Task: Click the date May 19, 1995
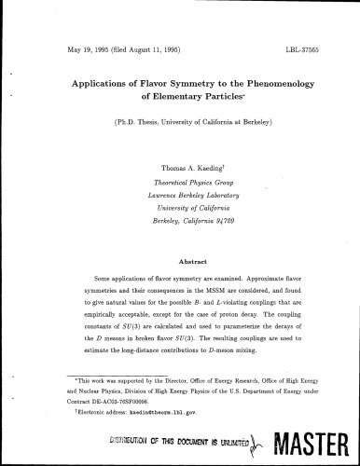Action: pos(93,46)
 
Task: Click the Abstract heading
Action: pos(179,262)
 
